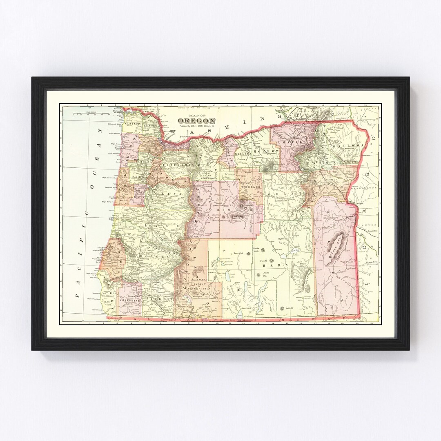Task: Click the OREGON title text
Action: [x=196, y=121]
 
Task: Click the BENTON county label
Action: [x=139, y=196]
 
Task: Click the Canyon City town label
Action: [x=283, y=200]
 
